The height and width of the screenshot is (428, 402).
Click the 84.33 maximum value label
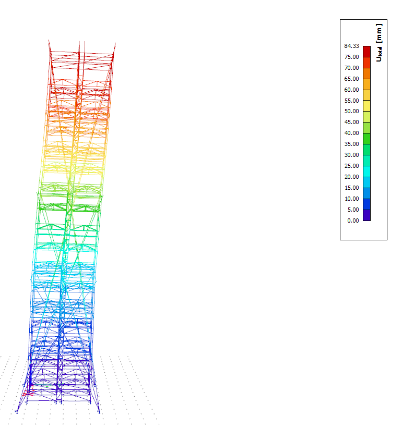coord(351,46)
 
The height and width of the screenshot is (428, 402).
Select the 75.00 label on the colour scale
coord(351,57)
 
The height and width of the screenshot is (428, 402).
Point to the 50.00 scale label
coord(351,111)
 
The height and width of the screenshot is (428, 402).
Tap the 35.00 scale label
coord(351,144)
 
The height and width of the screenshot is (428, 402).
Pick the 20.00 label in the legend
coord(351,177)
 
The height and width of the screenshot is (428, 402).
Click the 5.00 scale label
coord(353,210)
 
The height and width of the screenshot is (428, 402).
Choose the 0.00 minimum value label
coord(353,221)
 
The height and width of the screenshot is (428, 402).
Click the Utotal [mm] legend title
coord(379,43)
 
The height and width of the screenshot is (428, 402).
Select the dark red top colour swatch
coord(366,52)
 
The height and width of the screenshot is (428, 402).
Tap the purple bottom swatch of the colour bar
coord(366,215)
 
